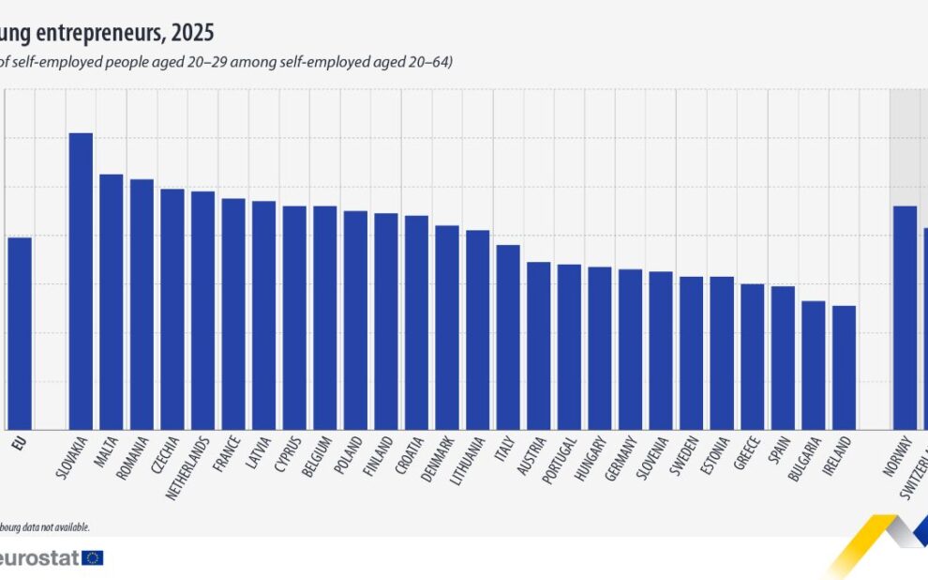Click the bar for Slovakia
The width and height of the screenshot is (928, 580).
81,281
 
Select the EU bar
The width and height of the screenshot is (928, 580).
20,332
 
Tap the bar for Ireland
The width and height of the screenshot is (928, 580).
844,367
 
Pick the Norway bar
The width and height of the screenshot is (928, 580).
905,317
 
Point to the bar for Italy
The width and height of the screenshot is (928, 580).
508,337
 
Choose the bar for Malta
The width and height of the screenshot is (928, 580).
112,301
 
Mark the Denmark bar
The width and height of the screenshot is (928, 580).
447,327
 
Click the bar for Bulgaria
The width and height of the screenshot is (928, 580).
814,364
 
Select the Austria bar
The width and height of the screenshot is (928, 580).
539,345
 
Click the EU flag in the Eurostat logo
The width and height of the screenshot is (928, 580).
93,557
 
